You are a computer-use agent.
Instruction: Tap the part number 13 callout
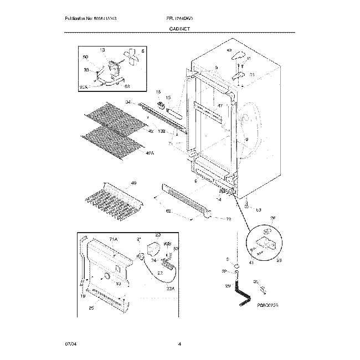click(x=102, y=50)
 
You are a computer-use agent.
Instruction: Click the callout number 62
click(x=169, y=211)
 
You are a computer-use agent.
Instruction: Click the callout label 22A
click(x=170, y=288)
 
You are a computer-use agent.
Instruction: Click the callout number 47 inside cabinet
click(x=219, y=105)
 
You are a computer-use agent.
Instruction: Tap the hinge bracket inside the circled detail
click(x=266, y=241)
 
